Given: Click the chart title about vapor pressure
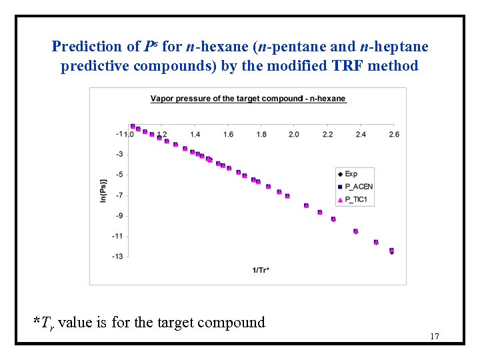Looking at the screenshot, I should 248,99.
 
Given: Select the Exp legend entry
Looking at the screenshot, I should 351,174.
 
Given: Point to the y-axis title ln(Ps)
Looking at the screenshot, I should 103,191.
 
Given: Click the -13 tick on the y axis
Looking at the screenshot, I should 118,257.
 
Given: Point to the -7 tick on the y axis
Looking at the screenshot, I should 119,195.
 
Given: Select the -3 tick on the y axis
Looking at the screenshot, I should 119,154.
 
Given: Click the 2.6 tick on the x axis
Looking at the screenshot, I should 393,134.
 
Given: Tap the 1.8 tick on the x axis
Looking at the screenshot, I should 261,134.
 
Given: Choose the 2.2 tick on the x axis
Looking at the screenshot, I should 327,134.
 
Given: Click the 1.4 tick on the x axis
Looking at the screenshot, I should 195,134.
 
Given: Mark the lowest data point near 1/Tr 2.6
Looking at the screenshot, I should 391,251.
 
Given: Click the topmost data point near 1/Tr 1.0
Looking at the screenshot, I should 133,126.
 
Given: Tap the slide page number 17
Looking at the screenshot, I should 434,336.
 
